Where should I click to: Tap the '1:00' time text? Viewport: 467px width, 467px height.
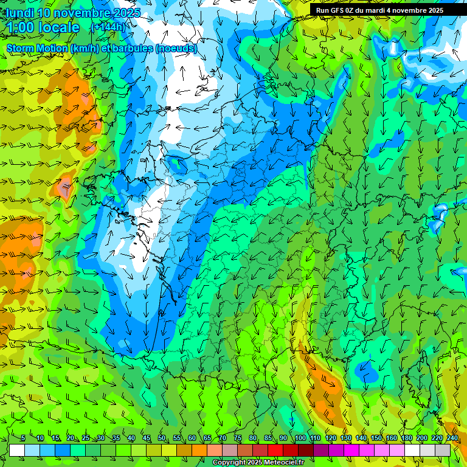coord(23,27)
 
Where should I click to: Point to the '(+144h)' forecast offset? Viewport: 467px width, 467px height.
coord(108,27)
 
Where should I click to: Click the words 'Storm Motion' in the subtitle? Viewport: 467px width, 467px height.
coord(36,48)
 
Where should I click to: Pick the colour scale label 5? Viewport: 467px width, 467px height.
coord(22,438)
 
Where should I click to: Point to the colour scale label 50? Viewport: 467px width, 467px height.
coord(161,438)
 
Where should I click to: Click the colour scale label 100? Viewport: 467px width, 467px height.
coord(300,438)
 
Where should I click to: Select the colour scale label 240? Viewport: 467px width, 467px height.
coord(452,438)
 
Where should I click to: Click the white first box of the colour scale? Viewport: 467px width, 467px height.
coord(17,450)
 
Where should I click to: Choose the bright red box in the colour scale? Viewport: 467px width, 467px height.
coord(275,450)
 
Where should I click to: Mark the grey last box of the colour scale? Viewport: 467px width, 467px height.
coord(443,450)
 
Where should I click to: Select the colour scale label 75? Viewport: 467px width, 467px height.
coord(237,438)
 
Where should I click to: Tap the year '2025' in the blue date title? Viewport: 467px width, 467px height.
coord(126,13)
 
